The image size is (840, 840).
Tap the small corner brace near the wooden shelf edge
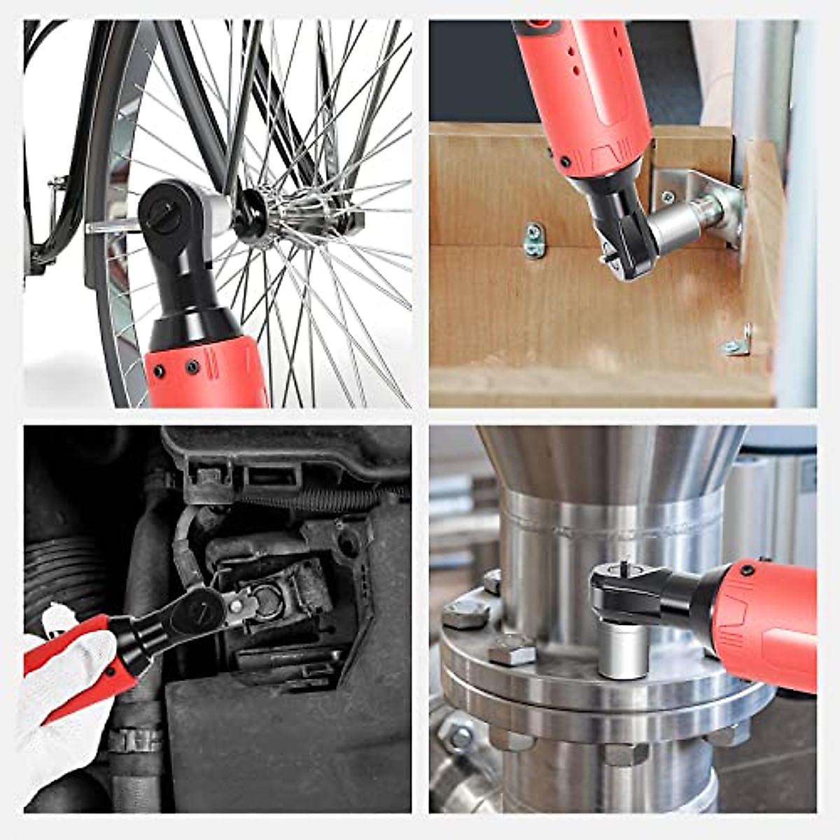point(738,343)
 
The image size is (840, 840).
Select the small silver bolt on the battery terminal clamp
point(241,602)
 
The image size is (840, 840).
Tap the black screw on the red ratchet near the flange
point(748,570)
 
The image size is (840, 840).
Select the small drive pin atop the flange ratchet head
point(622,564)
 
